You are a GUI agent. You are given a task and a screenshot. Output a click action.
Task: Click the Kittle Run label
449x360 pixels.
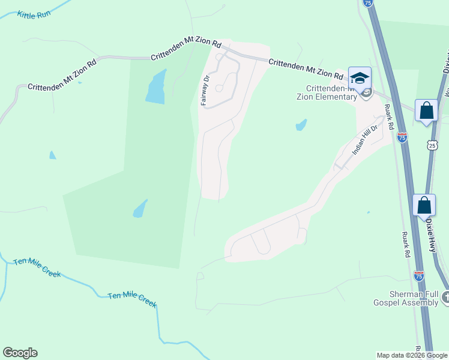point(34,14)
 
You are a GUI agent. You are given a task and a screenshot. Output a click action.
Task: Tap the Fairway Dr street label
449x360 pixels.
point(205,91)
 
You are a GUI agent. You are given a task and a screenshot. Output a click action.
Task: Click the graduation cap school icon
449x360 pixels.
point(360,79)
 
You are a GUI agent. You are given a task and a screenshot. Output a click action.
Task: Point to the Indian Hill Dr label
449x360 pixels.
point(364,140)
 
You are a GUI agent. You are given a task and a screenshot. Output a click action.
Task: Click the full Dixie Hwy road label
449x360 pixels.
point(431,224)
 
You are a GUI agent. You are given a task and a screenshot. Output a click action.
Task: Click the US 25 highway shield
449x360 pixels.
point(432,145)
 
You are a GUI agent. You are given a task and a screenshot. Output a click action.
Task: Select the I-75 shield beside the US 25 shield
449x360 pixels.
point(402,137)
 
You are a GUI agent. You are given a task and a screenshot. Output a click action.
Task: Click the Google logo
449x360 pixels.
point(20,353)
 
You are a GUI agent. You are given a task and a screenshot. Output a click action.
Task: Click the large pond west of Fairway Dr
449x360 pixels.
point(155,87)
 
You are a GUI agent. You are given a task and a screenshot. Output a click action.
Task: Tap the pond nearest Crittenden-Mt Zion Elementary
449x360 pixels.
point(301,125)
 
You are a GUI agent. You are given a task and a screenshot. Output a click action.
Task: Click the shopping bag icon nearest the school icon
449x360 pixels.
point(426,110)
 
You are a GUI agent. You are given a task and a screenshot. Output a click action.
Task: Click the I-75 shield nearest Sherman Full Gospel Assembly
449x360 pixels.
point(419,275)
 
